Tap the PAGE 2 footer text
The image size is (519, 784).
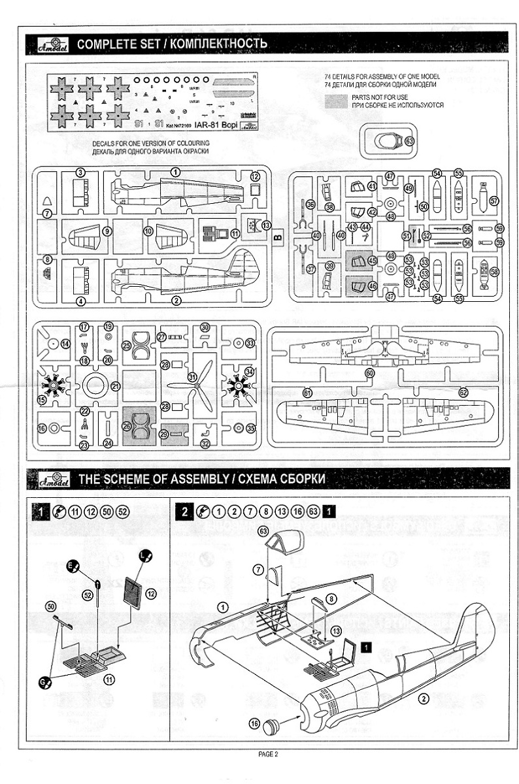[x=268, y=755]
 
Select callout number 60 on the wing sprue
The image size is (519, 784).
[x=370, y=372]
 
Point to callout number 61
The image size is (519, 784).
[x=308, y=393]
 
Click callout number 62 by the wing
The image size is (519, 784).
[x=463, y=393]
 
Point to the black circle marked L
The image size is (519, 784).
[x=144, y=557]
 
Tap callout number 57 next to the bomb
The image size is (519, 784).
[x=494, y=201]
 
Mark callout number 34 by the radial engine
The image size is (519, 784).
[x=249, y=372]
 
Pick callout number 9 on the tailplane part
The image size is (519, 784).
[x=106, y=231]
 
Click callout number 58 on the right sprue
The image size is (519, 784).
[x=494, y=271]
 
